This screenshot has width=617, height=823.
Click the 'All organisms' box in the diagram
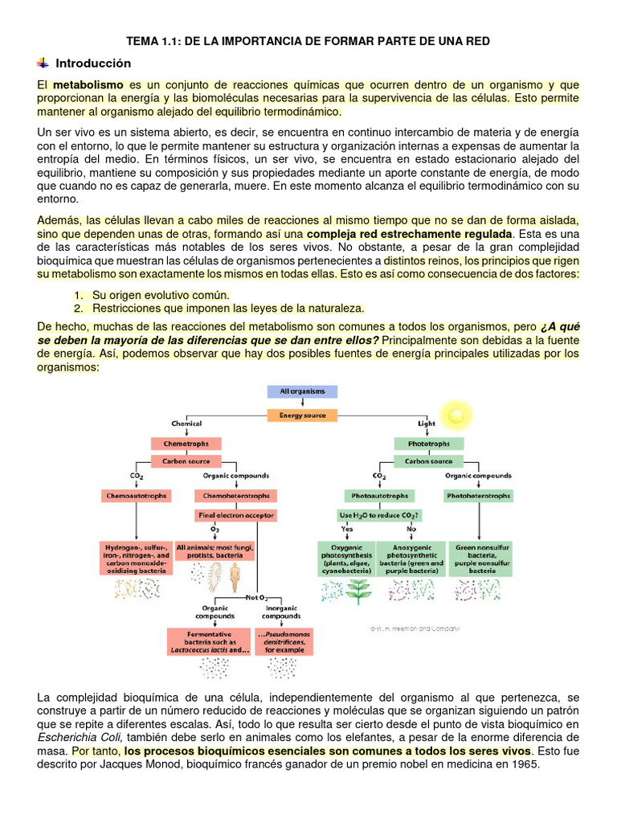[x=302, y=391]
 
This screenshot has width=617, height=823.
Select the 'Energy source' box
[x=302, y=416]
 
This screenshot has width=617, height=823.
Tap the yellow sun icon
[x=456, y=414]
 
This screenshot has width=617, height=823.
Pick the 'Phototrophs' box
[x=429, y=444]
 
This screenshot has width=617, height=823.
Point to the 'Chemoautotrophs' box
[x=137, y=496]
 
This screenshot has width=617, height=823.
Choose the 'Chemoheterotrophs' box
[x=236, y=496]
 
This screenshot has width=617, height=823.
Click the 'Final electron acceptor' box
[x=236, y=514]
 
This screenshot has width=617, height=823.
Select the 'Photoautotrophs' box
[x=379, y=496]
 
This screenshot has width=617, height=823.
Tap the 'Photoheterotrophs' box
[x=478, y=496]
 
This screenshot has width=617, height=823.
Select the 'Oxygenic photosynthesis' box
[x=346, y=555]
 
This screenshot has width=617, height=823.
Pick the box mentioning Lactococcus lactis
[x=213, y=641]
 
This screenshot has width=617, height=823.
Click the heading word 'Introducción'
[x=92, y=63]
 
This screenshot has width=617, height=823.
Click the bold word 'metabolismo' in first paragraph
[x=88, y=84]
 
